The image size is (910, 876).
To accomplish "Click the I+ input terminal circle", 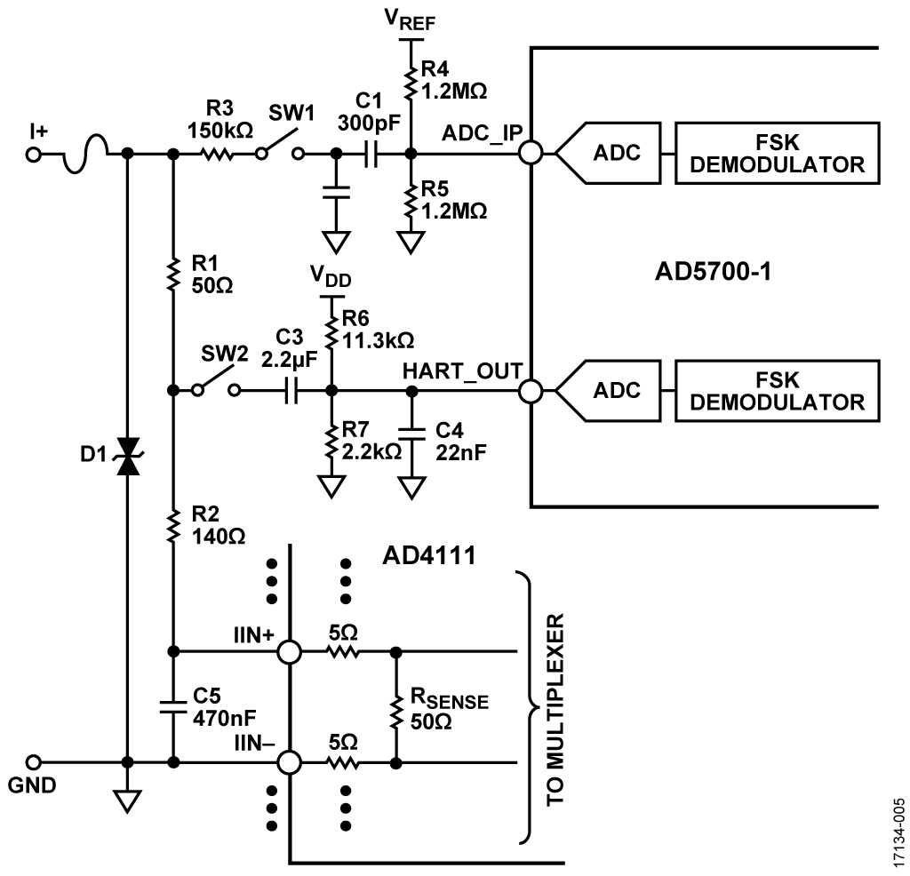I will click(34, 155).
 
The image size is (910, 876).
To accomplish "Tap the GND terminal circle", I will click(34, 762).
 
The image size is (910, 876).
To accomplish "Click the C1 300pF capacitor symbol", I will click(372, 155).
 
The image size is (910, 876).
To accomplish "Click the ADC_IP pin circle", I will click(531, 155).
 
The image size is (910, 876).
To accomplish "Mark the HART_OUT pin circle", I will click(531, 391).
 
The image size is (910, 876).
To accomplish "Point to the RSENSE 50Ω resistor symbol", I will click(395, 707).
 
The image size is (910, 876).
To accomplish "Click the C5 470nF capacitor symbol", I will click(174, 707).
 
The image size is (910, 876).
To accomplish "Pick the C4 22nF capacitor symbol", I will click(411, 433).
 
